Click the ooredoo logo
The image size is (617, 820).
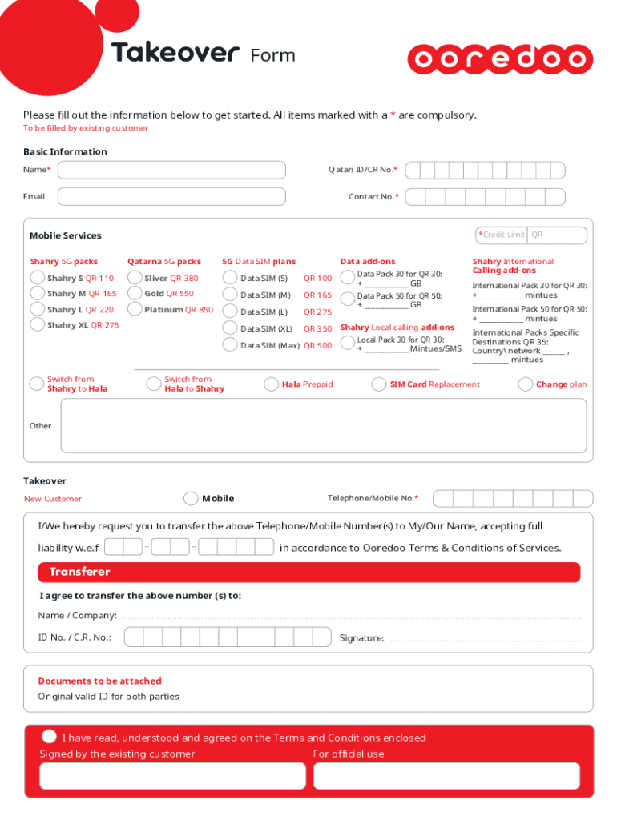pyautogui.click(x=500, y=59)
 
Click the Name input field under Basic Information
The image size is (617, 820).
pyautogui.click(x=171, y=170)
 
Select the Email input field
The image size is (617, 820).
pyautogui.click(x=171, y=196)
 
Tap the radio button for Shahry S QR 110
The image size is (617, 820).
pyautogui.click(x=37, y=278)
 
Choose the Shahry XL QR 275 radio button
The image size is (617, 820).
pyautogui.click(x=37, y=324)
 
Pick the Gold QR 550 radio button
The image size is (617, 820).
pyautogui.click(x=135, y=293)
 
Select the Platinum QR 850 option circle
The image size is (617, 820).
pyautogui.click(x=135, y=309)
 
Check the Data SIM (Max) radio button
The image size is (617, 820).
pyautogui.click(x=230, y=345)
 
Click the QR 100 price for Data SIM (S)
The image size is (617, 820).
pyautogui.click(x=317, y=279)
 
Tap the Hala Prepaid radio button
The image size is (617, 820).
pyautogui.click(x=272, y=384)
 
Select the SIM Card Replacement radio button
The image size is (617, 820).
pyautogui.click(x=379, y=384)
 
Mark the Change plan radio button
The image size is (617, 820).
pyautogui.click(x=526, y=384)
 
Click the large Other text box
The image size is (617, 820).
pyautogui.click(x=324, y=426)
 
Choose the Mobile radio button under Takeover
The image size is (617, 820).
pyautogui.click(x=191, y=498)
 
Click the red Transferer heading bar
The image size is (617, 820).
pyautogui.click(x=308, y=572)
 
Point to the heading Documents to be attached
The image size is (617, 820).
pyautogui.click(x=99, y=681)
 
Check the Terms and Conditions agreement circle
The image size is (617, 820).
pyautogui.click(x=50, y=737)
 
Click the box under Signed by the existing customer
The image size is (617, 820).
pyautogui.click(x=172, y=776)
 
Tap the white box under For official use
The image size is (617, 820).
pyautogui.click(x=446, y=776)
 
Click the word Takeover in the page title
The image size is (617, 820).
pyautogui.click(x=175, y=54)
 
